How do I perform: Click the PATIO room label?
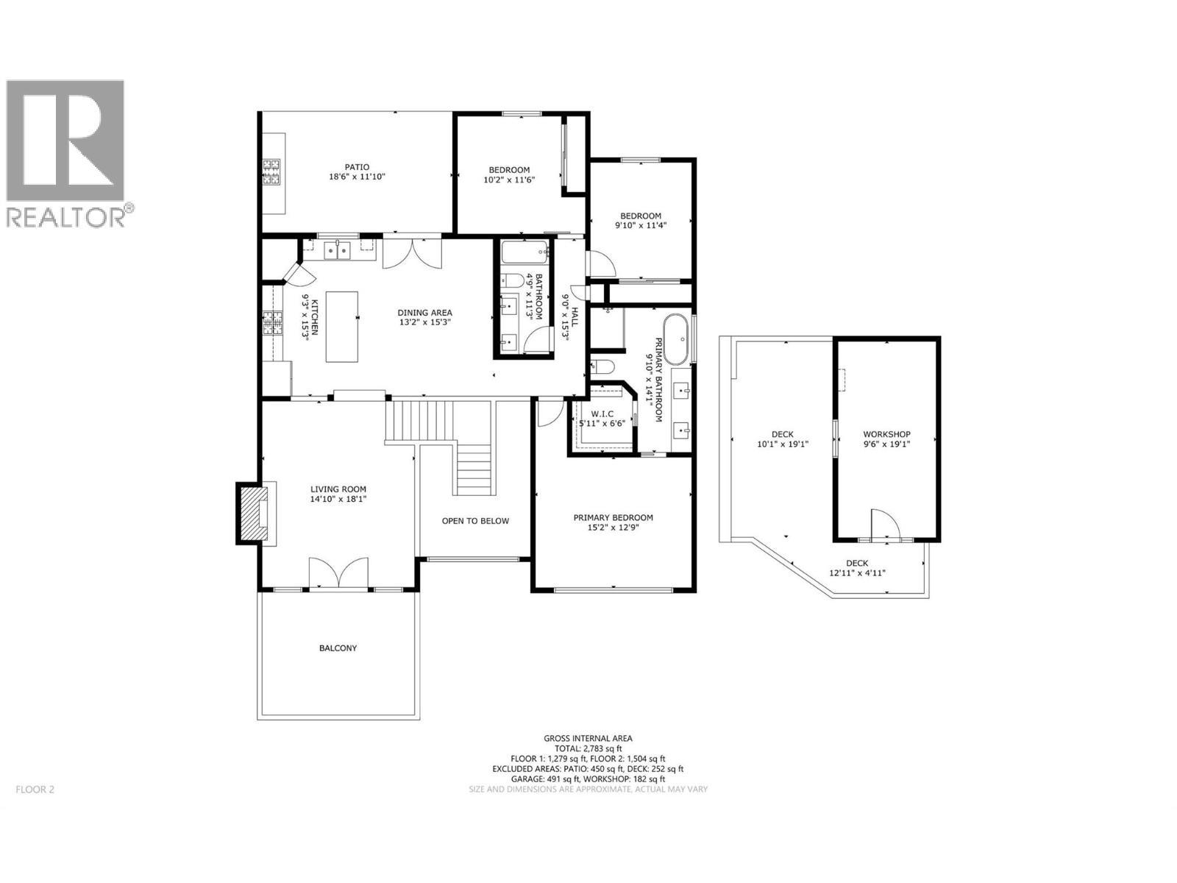(357, 167)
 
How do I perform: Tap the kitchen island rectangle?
(342, 326)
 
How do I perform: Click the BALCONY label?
(338, 648)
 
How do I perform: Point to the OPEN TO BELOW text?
(475, 521)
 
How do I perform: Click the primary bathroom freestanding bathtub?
(676, 338)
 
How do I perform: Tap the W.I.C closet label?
(602, 414)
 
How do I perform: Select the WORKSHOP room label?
(886, 434)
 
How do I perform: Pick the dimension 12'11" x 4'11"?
(857, 573)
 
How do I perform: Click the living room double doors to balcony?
(338, 573)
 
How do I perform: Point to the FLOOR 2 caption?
(35, 790)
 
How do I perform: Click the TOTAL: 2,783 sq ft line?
(588, 748)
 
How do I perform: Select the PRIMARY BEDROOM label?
(613, 517)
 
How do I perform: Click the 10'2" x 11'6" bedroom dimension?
(506, 180)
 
